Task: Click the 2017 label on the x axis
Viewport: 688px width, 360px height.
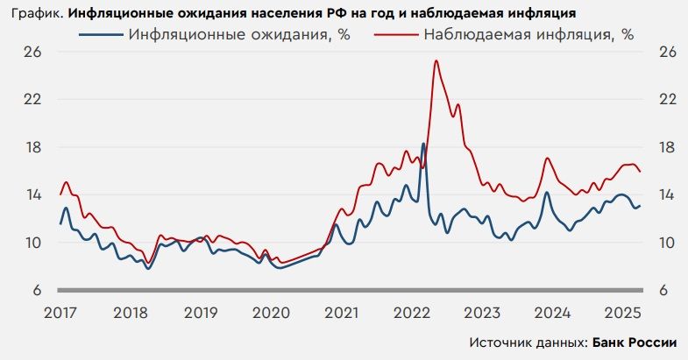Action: click(x=60, y=312)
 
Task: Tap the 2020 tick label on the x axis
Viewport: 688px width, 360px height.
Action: click(x=270, y=312)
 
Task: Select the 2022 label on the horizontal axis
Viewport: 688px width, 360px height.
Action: click(x=411, y=312)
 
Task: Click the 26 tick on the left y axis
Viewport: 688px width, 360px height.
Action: click(x=33, y=52)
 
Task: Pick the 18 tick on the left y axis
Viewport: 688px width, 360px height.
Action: click(x=33, y=147)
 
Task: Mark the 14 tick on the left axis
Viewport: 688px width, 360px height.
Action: click(x=33, y=194)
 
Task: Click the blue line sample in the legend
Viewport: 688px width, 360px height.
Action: click(x=99, y=35)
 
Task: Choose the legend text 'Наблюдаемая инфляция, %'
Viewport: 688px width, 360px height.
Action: click(x=528, y=35)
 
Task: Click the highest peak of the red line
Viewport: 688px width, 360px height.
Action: click(x=436, y=60)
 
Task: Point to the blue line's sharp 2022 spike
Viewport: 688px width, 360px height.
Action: click(x=424, y=144)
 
